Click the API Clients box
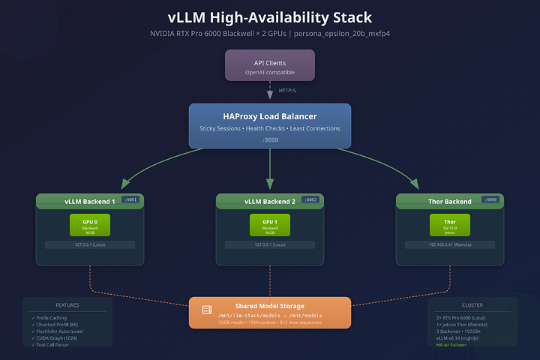click(x=270, y=65)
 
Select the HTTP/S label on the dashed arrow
click(x=289, y=91)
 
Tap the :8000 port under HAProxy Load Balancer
click(x=270, y=139)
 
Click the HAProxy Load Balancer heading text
click(x=270, y=115)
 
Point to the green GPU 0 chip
click(x=90, y=226)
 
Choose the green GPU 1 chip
click(x=270, y=226)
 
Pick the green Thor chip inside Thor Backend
click(x=449, y=226)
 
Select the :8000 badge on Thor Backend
click(x=491, y=199)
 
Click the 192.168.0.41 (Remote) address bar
click(x=449, y=244)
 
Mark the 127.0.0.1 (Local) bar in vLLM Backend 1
click(x=90, y=244)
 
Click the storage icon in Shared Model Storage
click(x=207, y=309)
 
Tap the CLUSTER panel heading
click(x=472, y=305)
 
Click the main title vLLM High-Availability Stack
click(x=270, y=17)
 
